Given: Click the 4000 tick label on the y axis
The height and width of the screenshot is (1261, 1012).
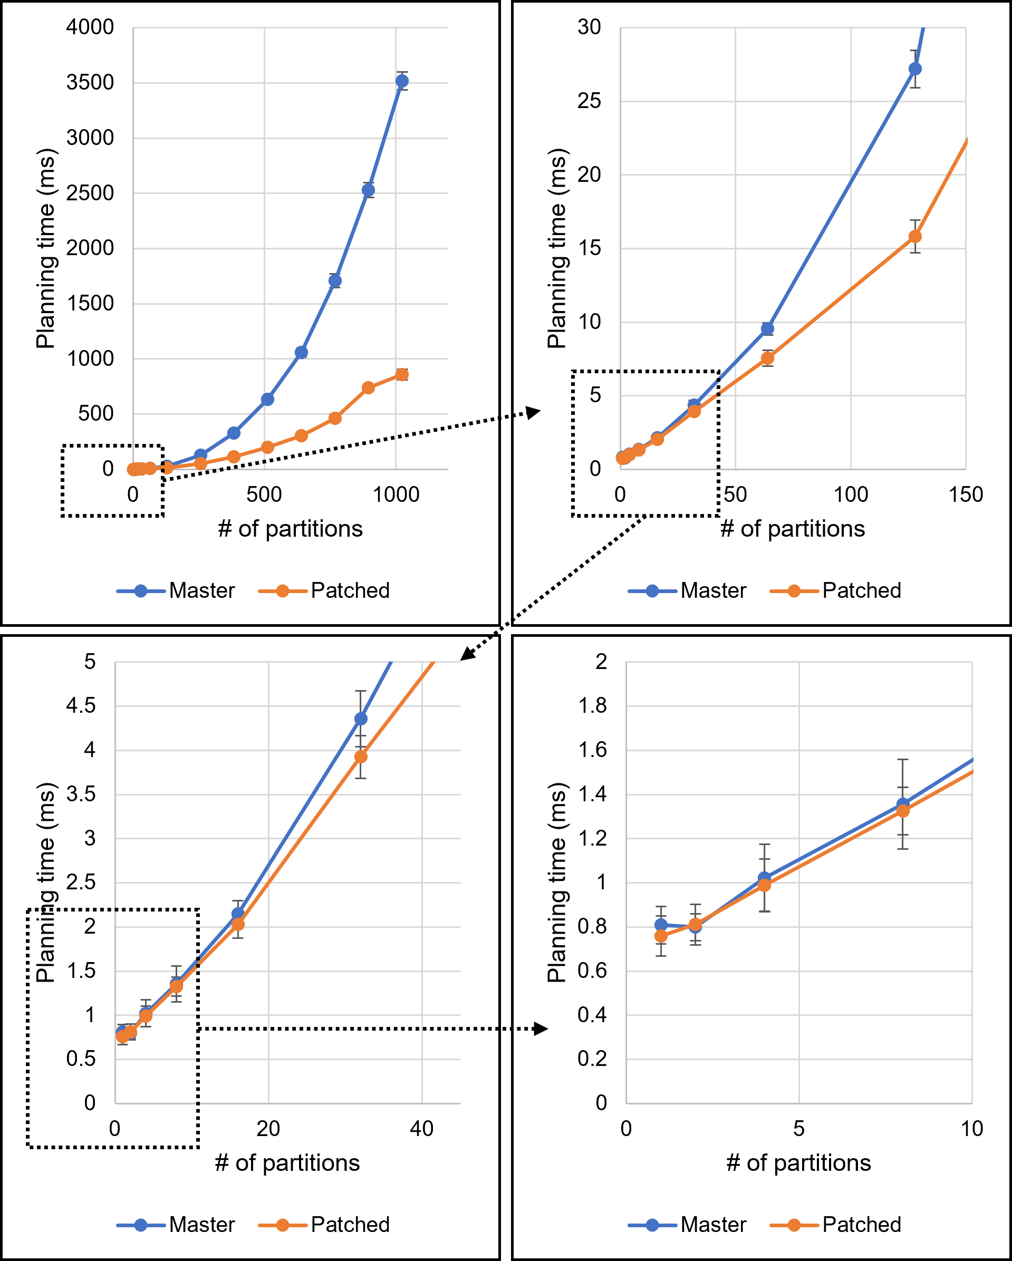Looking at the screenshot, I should click(x=90, y=27).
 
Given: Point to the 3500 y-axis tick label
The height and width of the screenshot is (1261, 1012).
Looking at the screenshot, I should click(x=90, y=82).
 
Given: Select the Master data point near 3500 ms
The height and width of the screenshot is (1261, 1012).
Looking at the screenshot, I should click(x=402, y=81).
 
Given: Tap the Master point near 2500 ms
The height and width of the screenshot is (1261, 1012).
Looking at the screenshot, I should click(x=368, y=190).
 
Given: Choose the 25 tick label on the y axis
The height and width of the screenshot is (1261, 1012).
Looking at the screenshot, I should click(x=589, y=101).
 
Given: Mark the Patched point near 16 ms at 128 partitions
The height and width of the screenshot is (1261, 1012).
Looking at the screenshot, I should click(x=915, y=236).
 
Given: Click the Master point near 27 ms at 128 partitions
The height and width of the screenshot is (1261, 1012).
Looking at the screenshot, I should click(x=915, y=69).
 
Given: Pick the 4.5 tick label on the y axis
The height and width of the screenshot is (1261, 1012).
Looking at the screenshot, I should click(x=81, y=706).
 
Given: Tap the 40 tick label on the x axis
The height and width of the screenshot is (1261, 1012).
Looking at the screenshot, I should click(x=421, y=1129).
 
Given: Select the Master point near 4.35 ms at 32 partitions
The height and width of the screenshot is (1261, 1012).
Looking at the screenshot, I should click(x=361, y=719).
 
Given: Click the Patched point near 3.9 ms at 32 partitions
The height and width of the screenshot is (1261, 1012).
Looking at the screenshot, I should click(x=361, y=757).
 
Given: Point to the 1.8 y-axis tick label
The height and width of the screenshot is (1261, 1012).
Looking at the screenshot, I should click(x=592, y=706).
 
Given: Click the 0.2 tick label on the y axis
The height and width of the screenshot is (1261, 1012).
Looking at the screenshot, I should click(x=592, y=1059).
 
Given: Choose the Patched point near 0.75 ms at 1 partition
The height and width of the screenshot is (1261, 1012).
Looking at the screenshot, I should click(x=661, y=936).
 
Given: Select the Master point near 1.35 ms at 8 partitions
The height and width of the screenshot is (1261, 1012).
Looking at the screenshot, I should click(x=903, y=805).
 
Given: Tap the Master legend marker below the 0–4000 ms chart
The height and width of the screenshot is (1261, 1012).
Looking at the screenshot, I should click(x=140, y=591).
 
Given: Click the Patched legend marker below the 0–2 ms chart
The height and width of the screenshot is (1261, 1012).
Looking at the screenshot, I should click(x=794, y=1225).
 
